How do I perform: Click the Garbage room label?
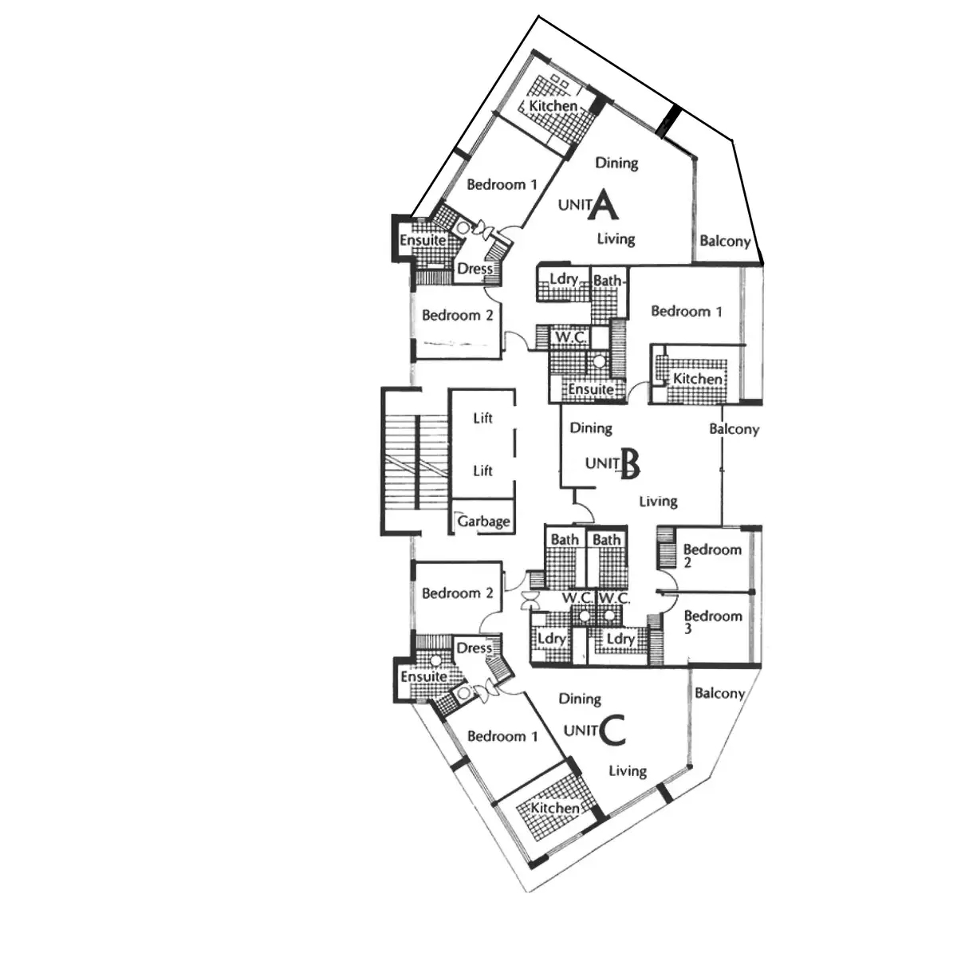click(x=483, y=522)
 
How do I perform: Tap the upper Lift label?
click(x=482, y=418)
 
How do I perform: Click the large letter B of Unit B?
click(x=630, y=463)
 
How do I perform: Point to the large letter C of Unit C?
click(x=611, y=731)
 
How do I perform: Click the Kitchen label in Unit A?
click(x=553, y=105)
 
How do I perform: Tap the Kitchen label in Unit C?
click(x=555, y=808)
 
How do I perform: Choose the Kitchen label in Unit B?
click(x=698, y=379)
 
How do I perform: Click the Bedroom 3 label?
click(x=712, y=622)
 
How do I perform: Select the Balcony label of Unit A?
click(x=725, y=241)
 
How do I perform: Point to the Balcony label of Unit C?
click(x=719, y=694)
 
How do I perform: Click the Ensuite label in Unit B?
click(x=591, y=389)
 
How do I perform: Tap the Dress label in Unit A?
click(x=475, y=269)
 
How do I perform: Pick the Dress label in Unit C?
click(x=474, y=648)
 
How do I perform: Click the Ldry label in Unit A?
click(x=564, y=279)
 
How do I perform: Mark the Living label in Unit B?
click(x=658, y=501)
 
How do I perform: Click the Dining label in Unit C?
click(x=580, y=699)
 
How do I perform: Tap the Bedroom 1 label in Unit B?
click(x=686, y=311)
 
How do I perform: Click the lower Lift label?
click(x=482, y=471)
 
